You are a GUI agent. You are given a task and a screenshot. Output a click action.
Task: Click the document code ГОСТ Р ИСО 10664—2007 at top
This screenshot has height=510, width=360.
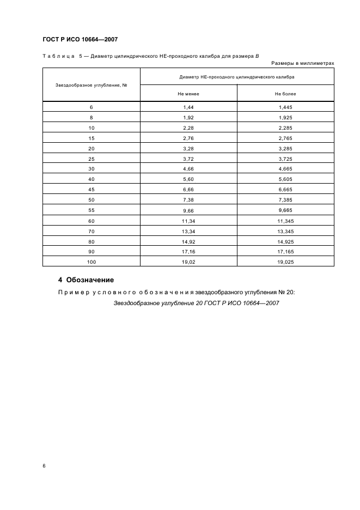tap(80, 39)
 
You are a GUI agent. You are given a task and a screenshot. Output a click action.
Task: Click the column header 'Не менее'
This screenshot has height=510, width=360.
tap(188, 94)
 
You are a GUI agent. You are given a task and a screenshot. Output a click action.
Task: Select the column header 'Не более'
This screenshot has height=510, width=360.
tap(285, 94)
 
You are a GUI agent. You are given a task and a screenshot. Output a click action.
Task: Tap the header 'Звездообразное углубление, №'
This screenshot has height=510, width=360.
tap(91, 84)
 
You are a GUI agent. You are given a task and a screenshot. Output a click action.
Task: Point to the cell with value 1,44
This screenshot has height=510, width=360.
tap(188, 107)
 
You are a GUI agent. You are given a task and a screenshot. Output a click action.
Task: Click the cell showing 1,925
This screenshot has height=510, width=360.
tap(285, 118)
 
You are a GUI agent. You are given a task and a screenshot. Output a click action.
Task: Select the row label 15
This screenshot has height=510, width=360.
tap(91, 138)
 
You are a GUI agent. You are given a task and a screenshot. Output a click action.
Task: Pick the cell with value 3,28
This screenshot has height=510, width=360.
tap(188, 149)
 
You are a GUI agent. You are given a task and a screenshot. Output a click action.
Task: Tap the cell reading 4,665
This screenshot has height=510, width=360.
tap(285, 169)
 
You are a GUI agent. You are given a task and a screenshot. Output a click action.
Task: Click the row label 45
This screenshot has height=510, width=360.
tap(91, 190)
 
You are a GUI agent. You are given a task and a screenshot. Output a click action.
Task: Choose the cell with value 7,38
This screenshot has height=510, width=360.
tap(188, 200)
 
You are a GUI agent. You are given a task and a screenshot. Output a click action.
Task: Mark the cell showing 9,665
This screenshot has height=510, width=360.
tap(285, 210)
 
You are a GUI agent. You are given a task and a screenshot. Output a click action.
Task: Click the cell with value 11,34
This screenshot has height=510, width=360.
tap(188, 221)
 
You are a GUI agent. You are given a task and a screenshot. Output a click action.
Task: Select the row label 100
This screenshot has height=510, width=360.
tap(91, 262)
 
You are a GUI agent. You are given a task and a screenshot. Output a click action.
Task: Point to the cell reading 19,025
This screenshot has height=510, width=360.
tap(285, 262)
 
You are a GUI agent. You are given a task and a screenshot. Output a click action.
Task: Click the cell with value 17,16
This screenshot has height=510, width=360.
tap(188, 251)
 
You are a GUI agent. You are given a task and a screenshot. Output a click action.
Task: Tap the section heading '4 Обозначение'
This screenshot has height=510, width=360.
tap(86, 280)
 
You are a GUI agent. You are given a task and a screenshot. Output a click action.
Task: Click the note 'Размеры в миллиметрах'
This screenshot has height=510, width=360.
tap(302, 63)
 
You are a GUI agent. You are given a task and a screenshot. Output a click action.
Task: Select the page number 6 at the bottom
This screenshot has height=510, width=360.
tap(44, 466)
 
